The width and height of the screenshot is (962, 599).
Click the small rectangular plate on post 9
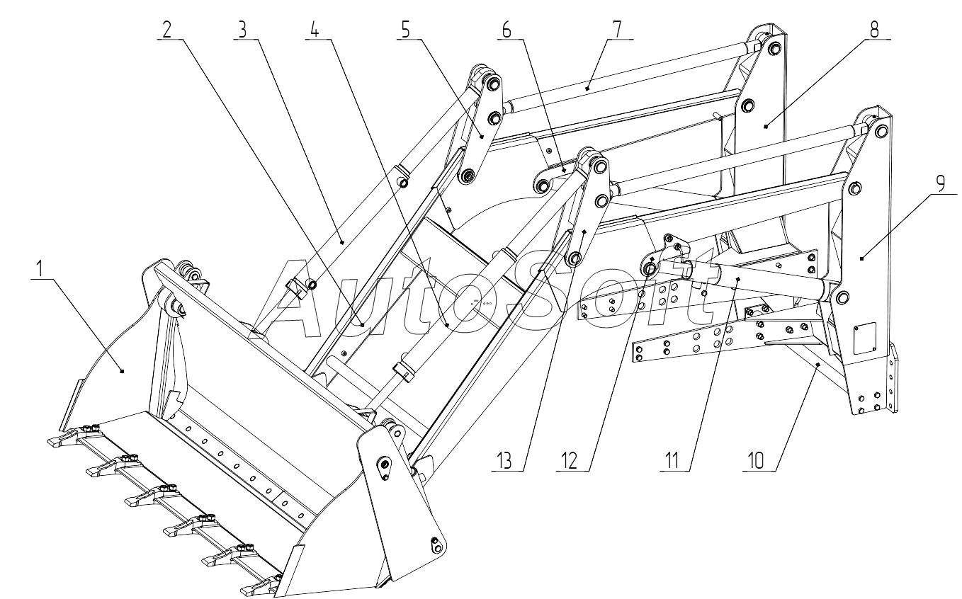[x=864, y=337]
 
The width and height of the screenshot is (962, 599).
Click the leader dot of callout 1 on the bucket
[x=123, y=370]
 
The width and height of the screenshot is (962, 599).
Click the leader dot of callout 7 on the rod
[x=587, y=89]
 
